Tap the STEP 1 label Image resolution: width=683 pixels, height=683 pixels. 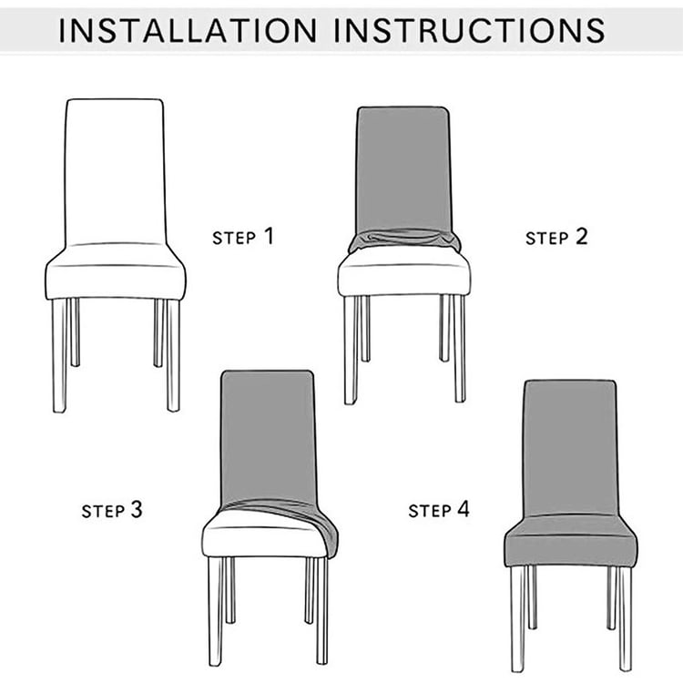coord(242,237)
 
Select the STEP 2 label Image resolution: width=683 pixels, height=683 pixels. coord(556,238)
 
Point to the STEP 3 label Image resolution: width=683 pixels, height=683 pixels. coord(112,510)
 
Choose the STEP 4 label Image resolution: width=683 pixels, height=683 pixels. coord(439,510)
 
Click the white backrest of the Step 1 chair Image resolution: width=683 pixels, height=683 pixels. coord(115,168)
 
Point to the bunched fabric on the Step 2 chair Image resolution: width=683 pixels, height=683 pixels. coord(404,240)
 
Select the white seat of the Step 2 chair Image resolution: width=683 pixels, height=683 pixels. coord(403,275)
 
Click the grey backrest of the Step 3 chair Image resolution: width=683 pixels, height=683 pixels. coord(268,433)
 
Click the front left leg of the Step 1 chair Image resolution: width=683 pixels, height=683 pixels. coord(59,355)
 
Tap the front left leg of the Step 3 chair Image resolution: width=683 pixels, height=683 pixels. coord(215,610)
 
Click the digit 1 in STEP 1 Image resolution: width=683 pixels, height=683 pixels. coord(268,236)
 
